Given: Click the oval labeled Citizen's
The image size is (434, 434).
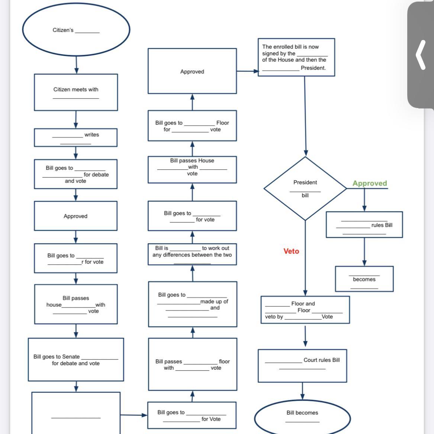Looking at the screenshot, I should pyautogui.click(x=76, y=30).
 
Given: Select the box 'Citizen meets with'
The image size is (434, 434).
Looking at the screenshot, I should pyautogui.click(x=76, y=92).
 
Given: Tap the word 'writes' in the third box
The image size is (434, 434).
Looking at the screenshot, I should pyautogui.click(x=91, y=135).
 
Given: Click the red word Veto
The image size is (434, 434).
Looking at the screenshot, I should pyautogui.click(x=291, y=251).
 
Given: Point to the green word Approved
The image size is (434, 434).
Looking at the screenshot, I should pyautogui.click(x=370, y=183).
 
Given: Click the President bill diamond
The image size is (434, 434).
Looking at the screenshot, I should pyautogui.click(x=305, y=188).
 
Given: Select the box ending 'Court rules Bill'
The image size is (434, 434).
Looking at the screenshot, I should pyautogui.click(x=302, y=365).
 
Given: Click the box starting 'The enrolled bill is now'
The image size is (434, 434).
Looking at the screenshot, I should pyautogui.click(x=296, y=57).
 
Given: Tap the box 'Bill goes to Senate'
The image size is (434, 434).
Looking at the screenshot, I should pyautogui.click(x=76, y=359).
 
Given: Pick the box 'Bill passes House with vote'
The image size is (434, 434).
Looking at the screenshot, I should pyautogui.click(x=192, y=169).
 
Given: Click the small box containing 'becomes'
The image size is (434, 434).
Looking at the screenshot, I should pyautogui.click(x=364, y=279).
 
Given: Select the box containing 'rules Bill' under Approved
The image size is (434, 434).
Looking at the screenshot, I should pyautogui.click(x=364, y=225).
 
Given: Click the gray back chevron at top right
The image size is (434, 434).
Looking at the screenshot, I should pyautogui.click(x=421, y=55).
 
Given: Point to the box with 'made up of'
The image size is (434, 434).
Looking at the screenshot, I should pyautogui.click(x=192, y=304).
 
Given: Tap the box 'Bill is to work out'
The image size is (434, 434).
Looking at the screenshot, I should pyautogui.click(x=192, y=254).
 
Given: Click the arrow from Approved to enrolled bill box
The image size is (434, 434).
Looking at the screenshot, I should pyautogui.click(x=247, y=71).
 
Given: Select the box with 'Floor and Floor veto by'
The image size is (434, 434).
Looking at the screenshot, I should pyautogui.click(x=305, y=310).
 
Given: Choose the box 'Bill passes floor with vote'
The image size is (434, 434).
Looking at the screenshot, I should pyautogui.click(x=192, y=364).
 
